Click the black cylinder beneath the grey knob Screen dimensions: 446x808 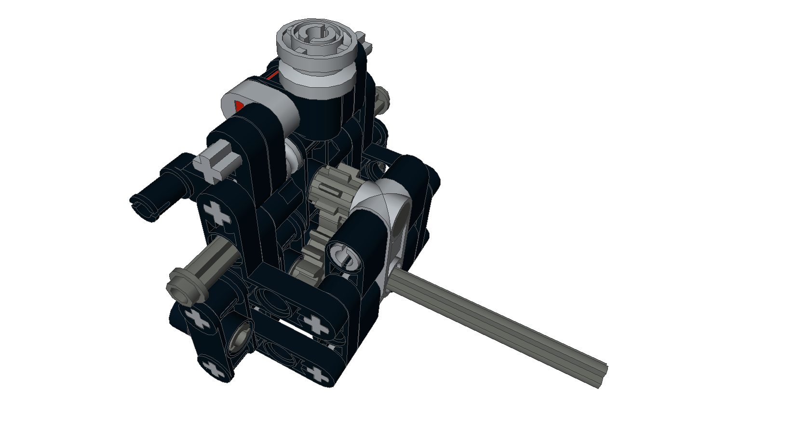click(x=320, y=108)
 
